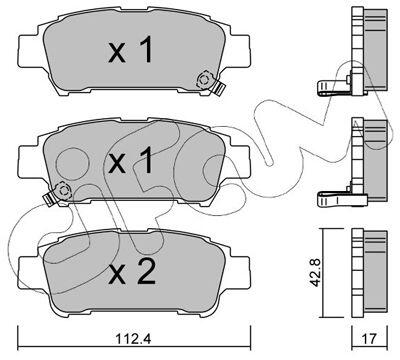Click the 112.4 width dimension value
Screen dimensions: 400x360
click(x=133, y=339)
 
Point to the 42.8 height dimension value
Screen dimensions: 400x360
click(x=315, y=273)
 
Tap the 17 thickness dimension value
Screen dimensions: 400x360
click(x=369, y=339)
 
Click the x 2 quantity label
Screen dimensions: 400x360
click(x=132, y=272)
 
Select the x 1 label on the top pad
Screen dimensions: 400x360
click(x=130, y=50)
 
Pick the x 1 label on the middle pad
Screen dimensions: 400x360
click(x=130, y=161)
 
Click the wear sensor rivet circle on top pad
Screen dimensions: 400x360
click(x=204, y=80)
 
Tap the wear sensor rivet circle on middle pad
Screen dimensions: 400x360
click(x=63, y=191)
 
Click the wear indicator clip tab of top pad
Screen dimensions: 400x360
click(x=219, y=88)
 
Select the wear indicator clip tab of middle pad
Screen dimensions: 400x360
click(x=49, y=199)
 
